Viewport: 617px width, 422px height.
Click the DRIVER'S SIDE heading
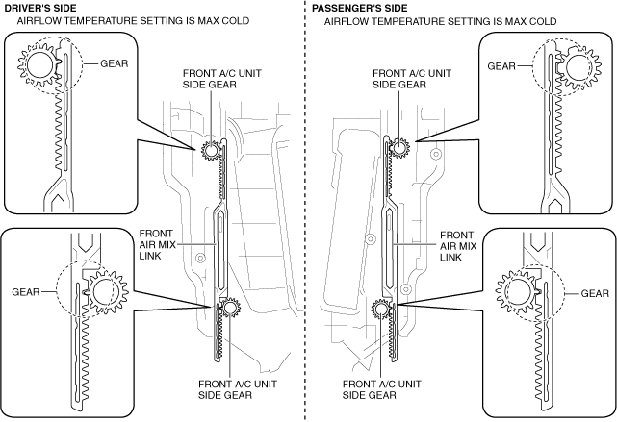[40, 8]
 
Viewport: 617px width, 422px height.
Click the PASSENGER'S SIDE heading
[360, 8]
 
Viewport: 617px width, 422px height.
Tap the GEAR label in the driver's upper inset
[115, 63]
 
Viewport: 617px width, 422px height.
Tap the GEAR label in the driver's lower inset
[26, 292]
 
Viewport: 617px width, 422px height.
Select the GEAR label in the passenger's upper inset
[501, 66]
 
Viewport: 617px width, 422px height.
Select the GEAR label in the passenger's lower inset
[595, 293]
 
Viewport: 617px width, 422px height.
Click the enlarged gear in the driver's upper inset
[39, 64]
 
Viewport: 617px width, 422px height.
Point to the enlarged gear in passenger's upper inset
[578, 67]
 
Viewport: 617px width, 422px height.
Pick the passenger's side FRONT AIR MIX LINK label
[458, 246]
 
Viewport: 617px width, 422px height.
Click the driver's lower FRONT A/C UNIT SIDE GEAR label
[238, 389]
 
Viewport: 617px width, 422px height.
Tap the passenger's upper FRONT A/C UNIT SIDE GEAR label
[412, 79]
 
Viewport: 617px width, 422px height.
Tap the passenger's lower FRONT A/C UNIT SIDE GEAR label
[382, 389]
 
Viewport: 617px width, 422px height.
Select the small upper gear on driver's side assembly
[211, 150]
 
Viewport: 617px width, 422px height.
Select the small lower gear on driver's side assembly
[229, 307]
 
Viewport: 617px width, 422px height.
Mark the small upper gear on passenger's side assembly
[399, 148]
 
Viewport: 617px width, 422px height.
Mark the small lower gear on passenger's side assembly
[380, 308]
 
